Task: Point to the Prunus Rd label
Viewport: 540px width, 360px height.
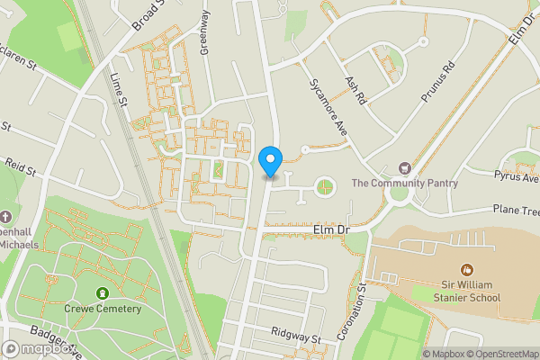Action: [439, 82]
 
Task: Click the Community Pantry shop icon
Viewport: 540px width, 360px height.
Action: [404, 168]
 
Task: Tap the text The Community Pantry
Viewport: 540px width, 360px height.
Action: [404, 184]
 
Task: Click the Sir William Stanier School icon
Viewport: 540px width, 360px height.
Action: [466, 269]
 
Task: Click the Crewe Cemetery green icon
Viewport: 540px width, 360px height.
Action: [103, 293]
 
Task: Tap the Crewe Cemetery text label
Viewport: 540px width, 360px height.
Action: [103, 309]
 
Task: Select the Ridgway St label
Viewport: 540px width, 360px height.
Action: [297, 337]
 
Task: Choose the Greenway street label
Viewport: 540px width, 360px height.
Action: [205, 33]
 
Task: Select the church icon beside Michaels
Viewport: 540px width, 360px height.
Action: [6, 217]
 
